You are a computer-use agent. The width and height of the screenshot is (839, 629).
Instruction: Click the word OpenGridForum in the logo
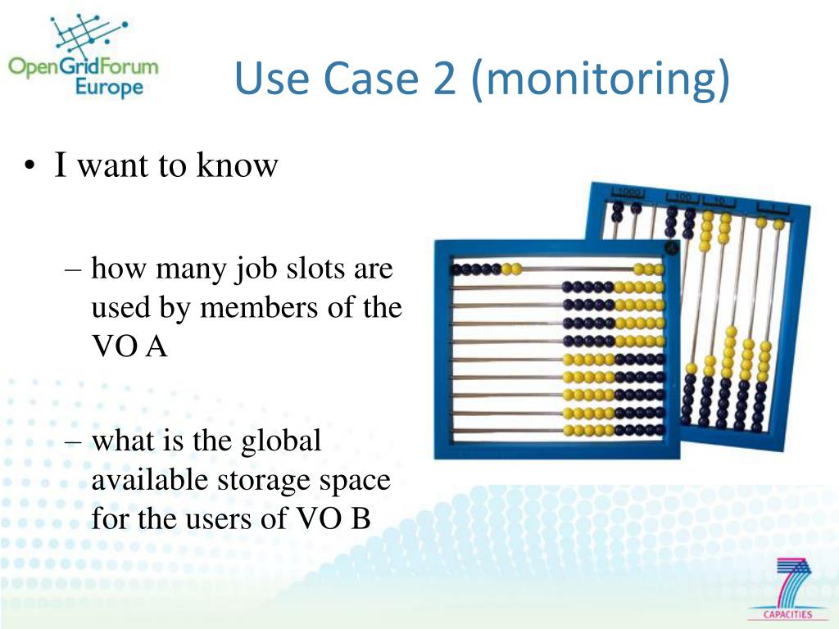click(83, 65)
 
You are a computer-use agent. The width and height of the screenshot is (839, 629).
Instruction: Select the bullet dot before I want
click(29, 166)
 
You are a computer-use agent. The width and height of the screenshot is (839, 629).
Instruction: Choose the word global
click(280, 441)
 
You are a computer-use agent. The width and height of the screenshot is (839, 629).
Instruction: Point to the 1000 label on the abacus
click(628, 192)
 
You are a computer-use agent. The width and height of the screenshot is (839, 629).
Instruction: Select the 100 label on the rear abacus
click(682, 197)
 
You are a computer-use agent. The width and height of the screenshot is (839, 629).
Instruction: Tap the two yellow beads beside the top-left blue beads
click(512, 269)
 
